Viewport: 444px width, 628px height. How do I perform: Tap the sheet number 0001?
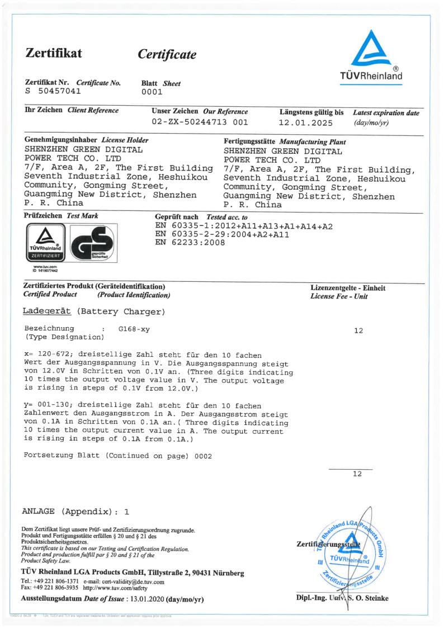click(152, 92)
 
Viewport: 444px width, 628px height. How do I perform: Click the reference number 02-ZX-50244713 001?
click(200, 121)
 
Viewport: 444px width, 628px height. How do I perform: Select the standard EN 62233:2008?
click(190, 243)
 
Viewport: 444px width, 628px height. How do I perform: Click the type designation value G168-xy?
click(134, 329)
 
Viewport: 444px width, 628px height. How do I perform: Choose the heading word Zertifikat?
click(54, 53)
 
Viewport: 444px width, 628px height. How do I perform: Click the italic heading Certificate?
click(167, 54)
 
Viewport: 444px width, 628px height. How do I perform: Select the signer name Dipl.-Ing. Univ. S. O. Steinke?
click(342, 598)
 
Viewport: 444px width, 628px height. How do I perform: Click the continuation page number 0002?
click(203, 456)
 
